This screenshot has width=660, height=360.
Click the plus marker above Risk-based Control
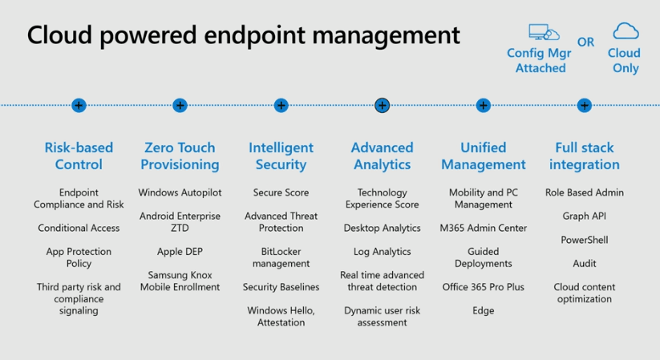[79, 105]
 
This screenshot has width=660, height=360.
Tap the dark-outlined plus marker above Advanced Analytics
[383, 105]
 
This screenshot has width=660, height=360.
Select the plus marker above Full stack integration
[585, 105]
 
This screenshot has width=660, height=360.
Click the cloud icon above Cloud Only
[626, 30]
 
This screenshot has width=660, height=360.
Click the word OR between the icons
[585, 42]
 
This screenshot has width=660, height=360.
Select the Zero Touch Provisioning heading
[180, 156]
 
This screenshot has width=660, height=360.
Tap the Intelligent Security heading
[281, 156]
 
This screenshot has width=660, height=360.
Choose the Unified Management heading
[484, 156]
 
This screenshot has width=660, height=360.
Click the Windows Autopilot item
[180, 192]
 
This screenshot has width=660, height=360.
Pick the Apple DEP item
[180, 252]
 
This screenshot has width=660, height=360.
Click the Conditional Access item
[79, 228]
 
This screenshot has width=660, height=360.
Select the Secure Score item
[281, 192]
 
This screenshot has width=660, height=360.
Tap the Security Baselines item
[281, 287]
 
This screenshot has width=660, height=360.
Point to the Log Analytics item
[383, 252]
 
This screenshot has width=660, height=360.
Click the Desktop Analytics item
[383, 228]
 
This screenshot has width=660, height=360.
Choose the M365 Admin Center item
[484, 228]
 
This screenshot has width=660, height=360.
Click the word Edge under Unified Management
[484, 310]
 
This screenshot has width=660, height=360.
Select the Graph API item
[585, 216]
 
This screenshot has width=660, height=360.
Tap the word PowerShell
[585, 240]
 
